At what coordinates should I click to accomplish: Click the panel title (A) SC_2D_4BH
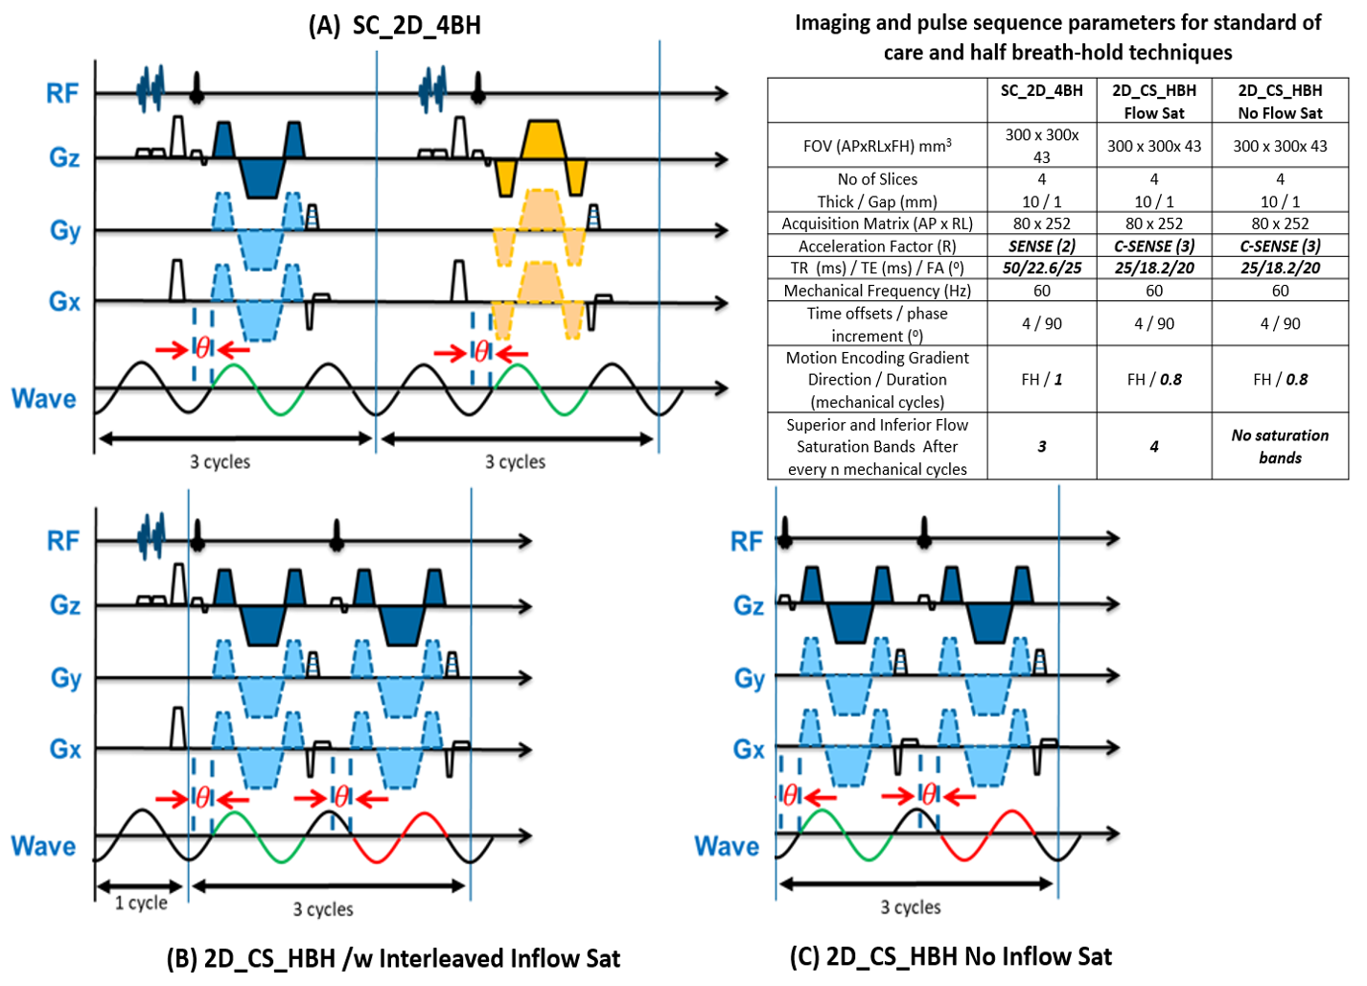click(394, 25)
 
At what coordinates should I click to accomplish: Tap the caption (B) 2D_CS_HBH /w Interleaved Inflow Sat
click(393, 958)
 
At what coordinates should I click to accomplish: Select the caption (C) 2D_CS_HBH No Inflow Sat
click(950, 956)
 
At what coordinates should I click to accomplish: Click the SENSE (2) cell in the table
click(1041, 246)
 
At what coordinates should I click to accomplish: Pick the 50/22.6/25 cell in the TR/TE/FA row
click(1041, 268)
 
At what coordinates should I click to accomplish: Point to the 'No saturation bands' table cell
click(1280, 446)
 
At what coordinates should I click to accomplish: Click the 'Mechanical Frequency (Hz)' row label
click(877, 291)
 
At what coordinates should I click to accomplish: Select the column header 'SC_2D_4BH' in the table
click(1041, 91)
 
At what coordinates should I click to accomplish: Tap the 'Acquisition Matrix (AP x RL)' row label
click(877, 223)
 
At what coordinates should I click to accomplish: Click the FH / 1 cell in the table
click(1041, 379)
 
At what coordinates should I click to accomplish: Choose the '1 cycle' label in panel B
click(141, 903)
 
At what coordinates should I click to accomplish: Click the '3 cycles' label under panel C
click(911, 906)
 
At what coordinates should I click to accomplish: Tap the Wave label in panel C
click(726, 846)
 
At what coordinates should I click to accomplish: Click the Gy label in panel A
click(65, 231)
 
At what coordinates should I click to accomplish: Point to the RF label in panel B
click(63, 541)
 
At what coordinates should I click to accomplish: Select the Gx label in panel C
click(749, 749)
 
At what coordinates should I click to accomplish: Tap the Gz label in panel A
click(64, 157)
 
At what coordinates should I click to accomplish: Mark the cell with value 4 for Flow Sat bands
click(1153, 446)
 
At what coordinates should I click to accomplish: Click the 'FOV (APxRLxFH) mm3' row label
click(877, 146)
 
